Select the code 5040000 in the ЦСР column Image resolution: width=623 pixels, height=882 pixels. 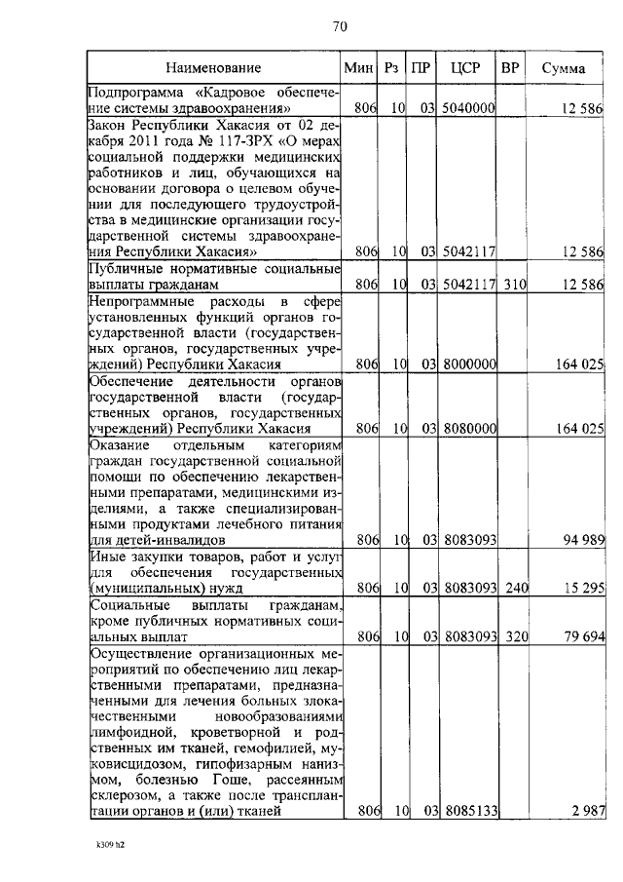(x=467, y=108)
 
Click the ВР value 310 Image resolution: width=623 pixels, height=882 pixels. (x=509, y=285)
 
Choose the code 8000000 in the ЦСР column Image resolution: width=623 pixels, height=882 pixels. (x=467, y=364)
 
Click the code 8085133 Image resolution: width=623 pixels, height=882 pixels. (x=467, y=811)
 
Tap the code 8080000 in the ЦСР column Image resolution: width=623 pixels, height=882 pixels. (x=467, y=428)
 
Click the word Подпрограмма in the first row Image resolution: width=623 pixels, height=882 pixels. (x=132, y=92)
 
